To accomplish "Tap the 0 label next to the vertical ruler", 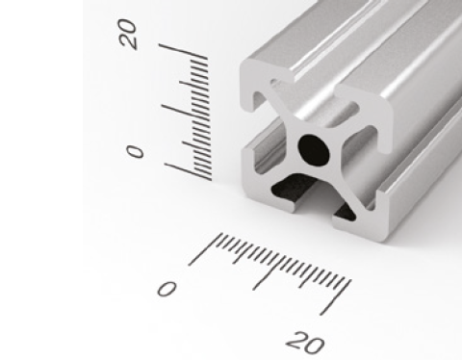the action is [x=135, y=152].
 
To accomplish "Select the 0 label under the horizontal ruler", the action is [x=167, y=288].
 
